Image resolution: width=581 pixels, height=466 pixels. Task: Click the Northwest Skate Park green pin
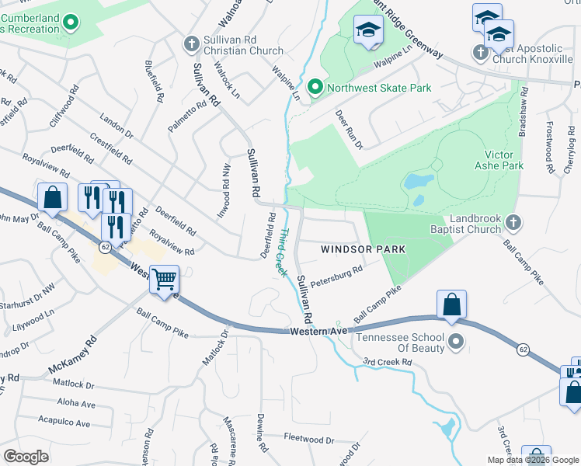pyautogui.click(x=315, y=88)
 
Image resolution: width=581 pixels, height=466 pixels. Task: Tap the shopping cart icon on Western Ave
pyautogui.click(x=164, y=278)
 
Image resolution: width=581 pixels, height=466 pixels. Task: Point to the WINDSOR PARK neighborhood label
pyautogui.click(x=364, y=249)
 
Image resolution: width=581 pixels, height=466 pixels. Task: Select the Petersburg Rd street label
pyautogui.click(x=336, y=276)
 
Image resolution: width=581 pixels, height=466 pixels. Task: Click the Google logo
pyautogui.click(x=26, y=456)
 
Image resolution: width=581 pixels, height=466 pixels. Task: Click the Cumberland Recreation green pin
pyautogui.click(x=71, y=23)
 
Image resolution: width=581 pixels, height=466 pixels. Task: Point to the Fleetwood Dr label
pyautogui.click(x=308, y=440)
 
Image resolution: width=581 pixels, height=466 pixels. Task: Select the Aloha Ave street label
pyautogui.click(x=76, y=404)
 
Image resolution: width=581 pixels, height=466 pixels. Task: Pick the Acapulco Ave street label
pyautogui.click(x=64, y=423)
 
